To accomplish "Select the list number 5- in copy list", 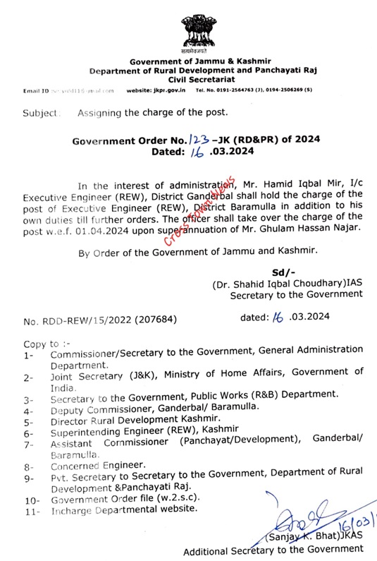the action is point(27,419).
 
